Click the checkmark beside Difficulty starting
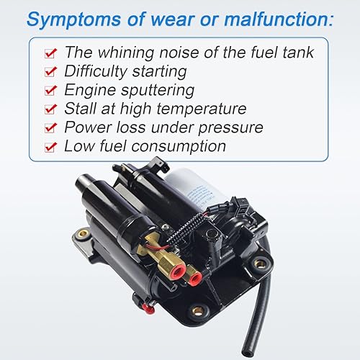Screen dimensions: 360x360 click(x=49, y=72)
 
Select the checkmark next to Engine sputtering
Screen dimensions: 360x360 click(x=49, y=91)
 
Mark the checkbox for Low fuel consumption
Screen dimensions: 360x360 click(x=49, y=147)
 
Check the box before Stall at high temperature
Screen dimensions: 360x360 click(x=49, y=109)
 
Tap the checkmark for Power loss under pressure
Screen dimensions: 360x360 click(x=49, y=128)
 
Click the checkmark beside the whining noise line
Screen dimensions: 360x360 click(x=49, y=53)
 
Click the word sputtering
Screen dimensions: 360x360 click(x=157, y=91)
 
